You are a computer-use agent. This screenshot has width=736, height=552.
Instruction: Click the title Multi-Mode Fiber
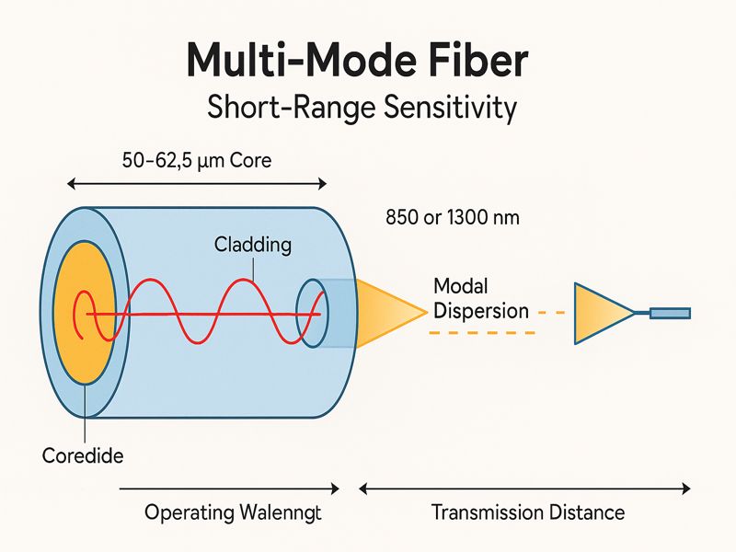(358, 60)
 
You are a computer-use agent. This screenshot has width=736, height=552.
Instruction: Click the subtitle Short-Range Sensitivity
(362, 108)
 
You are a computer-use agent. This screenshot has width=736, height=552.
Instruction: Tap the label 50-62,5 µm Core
(197, 160)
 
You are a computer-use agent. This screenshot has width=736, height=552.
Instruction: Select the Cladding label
(253, 245)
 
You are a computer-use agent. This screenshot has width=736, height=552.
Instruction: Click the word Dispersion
(481, 310)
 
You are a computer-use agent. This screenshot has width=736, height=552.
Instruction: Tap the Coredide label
(83, 455)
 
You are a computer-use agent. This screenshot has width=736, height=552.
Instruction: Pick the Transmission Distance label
(527, 512)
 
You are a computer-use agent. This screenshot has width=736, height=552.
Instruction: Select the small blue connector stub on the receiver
(670, 313)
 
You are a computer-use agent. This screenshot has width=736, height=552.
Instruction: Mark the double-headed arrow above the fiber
(198, 185)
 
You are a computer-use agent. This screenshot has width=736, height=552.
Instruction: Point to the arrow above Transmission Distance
(524, 487)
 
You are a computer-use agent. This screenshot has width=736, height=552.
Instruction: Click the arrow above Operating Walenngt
(230, 487)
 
